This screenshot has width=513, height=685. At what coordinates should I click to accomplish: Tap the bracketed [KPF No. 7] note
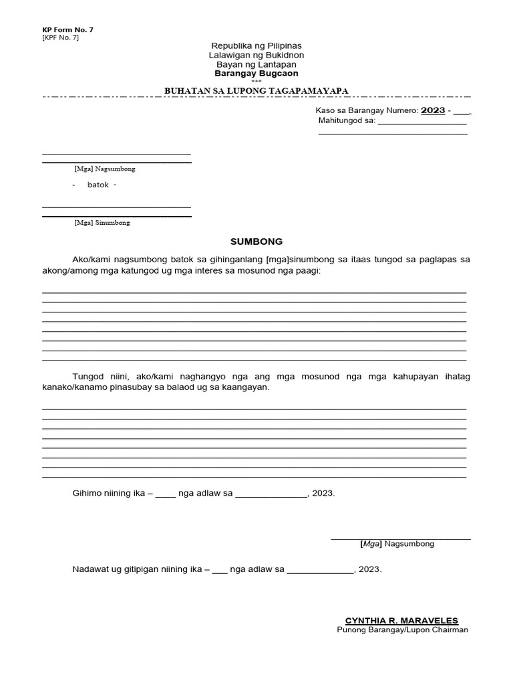pyautogui.click(x=60, y=37)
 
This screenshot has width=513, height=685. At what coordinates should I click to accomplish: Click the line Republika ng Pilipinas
pyautogui.click(x=256, y=45)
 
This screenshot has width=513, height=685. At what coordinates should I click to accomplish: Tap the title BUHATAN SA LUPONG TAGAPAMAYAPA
pyautogui.click(x=256, y=91)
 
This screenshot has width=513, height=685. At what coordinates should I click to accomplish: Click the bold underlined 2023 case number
pyautogui.click(x=433, y=110)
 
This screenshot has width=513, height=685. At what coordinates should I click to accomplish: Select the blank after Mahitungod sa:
pyautogui.click(x=422, y=122)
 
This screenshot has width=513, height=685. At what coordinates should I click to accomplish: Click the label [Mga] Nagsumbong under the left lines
pyautogui.click(x=105, y=169)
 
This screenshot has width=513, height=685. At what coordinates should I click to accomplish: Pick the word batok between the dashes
pyautogui.click(x=97, y=185)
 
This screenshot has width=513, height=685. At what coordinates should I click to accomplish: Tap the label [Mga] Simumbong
pyautogui.click(x=102, y=223)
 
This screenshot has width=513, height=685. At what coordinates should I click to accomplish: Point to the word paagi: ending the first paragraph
pyautogui.click(x=307, y=270)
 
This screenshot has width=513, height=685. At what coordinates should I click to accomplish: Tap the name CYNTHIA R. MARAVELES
pyautogui.click(x=401, y=621)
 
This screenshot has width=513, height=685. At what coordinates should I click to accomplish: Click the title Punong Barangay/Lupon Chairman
pyautogui.click(x=403, y=630)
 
